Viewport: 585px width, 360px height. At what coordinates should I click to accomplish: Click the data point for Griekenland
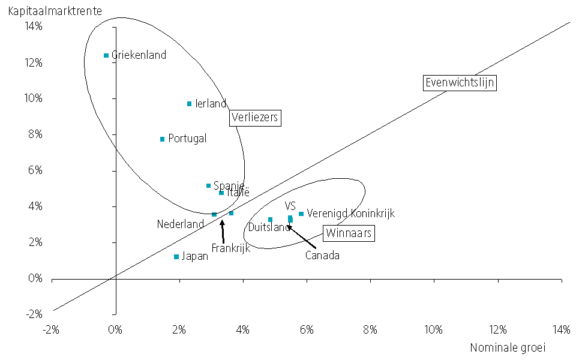click(106, 55)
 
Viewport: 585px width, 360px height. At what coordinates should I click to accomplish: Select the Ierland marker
click(189, 104)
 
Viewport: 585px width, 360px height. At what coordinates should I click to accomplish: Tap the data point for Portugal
click(162, 139)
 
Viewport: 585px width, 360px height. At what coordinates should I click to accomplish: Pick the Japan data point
click(176, 257)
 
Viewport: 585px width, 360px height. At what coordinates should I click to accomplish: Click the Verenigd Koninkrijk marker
click(301, 214)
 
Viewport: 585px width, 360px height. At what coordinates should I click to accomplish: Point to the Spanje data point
click(208, 186)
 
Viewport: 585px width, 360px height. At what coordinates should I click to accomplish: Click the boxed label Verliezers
click(256, 118)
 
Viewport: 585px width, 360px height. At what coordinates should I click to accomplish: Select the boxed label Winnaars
click(349, 233)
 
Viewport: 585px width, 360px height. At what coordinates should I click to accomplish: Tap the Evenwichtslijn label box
click(460, 83)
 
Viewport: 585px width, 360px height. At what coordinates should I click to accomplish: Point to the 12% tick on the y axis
click(34, 62)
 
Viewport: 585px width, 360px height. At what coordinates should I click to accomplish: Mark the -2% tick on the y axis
click(34, 314)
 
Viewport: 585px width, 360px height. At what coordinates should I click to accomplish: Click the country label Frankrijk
click(230, 248)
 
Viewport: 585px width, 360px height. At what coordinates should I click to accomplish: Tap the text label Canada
click(322, 256)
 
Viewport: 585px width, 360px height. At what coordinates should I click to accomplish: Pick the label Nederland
click(181, 224)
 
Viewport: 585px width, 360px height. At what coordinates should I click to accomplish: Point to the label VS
click(290, 206)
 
